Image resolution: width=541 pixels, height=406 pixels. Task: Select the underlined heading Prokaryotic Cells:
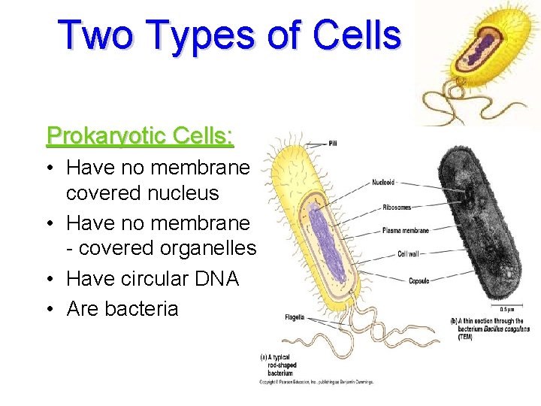141,136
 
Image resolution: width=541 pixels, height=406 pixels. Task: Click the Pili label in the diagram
337,143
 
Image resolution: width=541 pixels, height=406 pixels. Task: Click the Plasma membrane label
405,231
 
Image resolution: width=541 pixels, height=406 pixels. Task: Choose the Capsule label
419,280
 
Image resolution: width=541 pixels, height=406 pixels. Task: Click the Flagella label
295,317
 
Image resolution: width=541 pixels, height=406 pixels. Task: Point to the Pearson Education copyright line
316,382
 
